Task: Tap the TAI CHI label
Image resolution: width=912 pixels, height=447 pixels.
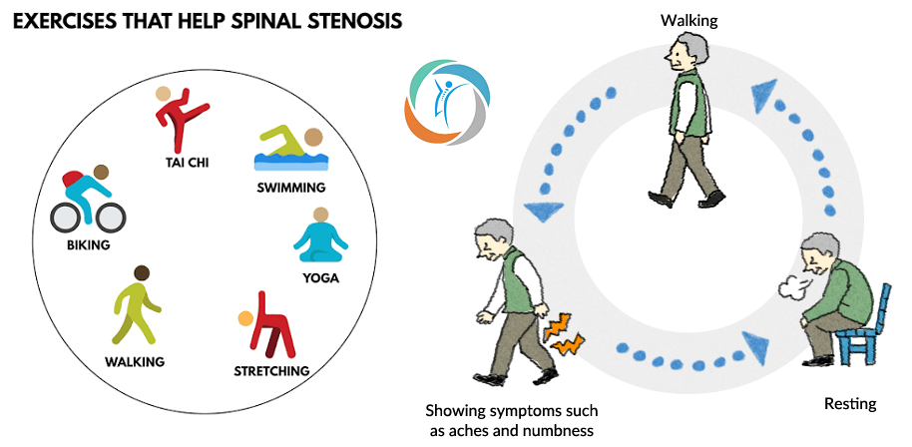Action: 187,163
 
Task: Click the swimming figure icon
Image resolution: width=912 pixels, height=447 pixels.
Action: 290,149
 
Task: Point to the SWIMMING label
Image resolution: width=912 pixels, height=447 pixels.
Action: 291,188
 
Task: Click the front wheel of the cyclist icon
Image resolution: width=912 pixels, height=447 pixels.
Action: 111,219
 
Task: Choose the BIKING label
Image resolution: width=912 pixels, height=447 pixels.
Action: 88,244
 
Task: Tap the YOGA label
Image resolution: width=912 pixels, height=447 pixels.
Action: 320,278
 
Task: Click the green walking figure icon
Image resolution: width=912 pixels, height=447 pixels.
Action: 136,304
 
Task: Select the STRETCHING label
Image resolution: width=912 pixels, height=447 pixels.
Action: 271,371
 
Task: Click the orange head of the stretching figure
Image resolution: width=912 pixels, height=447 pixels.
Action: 245,318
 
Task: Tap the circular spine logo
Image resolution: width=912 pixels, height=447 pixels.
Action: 447,101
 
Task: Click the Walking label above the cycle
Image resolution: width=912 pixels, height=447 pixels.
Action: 689,21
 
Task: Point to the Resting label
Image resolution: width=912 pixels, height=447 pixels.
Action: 850,403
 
